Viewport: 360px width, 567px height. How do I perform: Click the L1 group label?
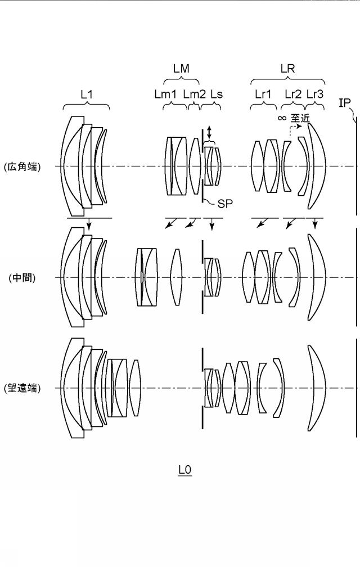pos(87,94)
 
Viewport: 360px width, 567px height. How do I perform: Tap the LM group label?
pos(181,69)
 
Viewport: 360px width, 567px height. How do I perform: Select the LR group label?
pos(287,69)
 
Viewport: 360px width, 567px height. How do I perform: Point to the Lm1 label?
pos(165,94)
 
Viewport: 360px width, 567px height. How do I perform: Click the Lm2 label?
pos(194,94)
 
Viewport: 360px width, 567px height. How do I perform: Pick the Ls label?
pos(217,94)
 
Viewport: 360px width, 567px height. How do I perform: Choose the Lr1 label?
pos(263,94)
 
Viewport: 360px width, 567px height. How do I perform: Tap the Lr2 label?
pos(292,94)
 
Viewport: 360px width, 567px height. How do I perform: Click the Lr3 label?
pos(315,94)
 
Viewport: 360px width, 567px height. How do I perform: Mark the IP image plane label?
pos(344,103)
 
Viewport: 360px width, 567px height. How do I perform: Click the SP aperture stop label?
pos(225,204)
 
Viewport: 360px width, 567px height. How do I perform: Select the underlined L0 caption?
pos(184,470)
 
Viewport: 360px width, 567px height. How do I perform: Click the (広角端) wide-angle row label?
pos(22,166)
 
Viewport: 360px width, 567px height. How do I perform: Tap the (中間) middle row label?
pos(22,278)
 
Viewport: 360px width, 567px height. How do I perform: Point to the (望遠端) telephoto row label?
pos(22,388)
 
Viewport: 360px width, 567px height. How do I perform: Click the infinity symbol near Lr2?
pos(282,118)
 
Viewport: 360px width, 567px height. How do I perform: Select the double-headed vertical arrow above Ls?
pos(209,133)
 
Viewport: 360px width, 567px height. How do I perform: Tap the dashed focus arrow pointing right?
pos(295,129)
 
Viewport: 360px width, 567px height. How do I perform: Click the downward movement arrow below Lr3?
pos(315,223)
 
